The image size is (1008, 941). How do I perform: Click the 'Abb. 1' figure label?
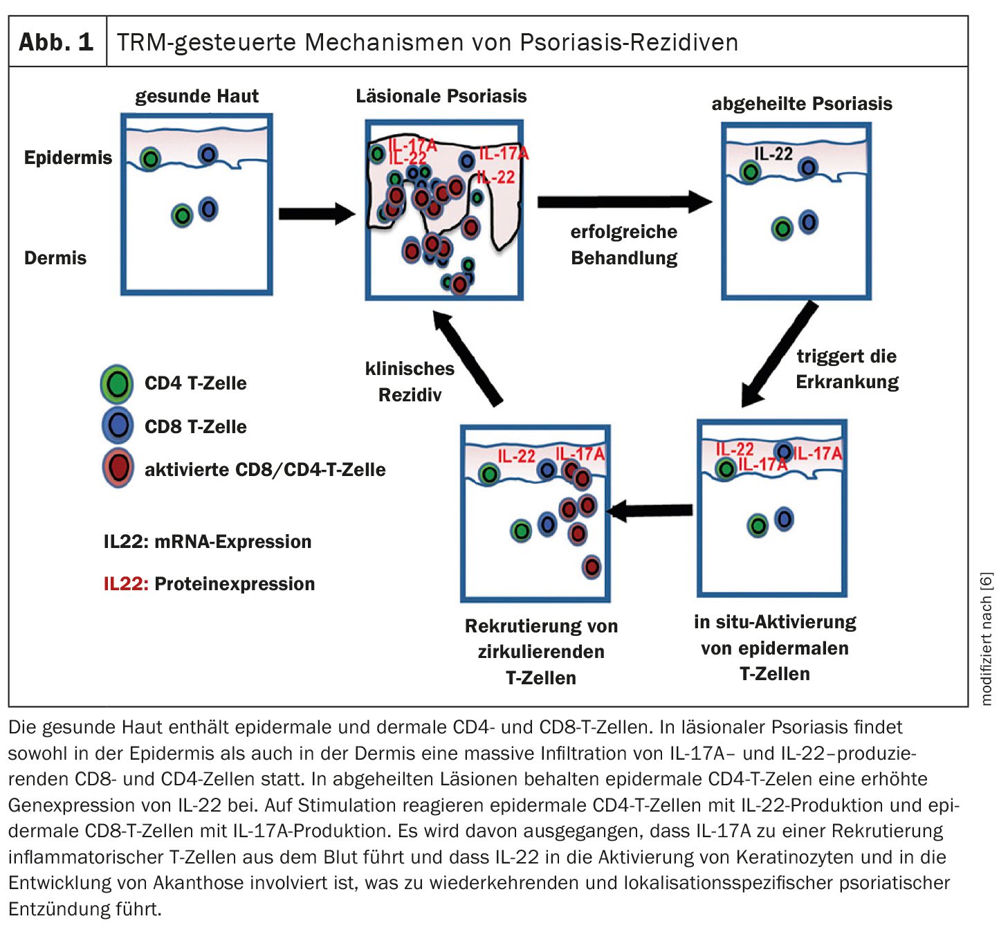(56, 42)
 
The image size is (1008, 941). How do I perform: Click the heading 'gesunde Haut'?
(196, 96)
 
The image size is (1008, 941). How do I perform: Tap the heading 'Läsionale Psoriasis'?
(441, 96)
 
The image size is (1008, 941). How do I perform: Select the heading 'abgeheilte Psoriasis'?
(801, 104)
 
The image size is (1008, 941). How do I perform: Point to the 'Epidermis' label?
(68, 158)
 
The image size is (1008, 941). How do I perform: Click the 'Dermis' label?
(55, 258)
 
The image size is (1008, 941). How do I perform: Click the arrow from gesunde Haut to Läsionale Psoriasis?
(316, 214)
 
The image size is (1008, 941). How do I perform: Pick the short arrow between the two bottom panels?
(650, 511)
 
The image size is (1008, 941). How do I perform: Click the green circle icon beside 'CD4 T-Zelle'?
(117, 384)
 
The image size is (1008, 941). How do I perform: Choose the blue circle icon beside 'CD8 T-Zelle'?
(118, 426)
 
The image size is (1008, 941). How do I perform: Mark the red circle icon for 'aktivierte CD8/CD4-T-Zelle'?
(118, 468)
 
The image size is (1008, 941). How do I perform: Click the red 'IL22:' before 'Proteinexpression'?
(126, 584)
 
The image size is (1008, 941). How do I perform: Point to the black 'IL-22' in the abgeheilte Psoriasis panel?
(773, 154)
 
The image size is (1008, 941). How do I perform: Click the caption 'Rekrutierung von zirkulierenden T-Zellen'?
(540, 652)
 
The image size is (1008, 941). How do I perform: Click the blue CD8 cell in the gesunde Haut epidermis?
(208, 154)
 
